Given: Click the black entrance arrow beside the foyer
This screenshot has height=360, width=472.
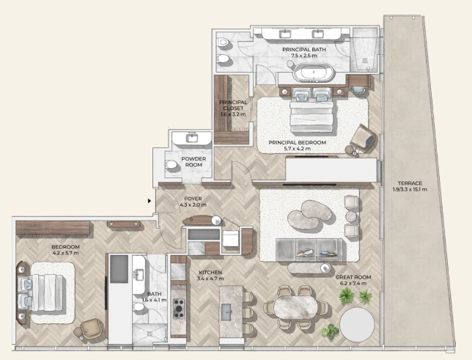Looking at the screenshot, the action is (x=150, y=201).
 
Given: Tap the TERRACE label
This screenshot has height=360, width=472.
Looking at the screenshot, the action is (x=410, y=183).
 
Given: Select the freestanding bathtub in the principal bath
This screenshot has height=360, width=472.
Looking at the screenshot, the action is (x=314, y=73).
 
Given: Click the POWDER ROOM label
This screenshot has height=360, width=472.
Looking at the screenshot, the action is (x=193, y=162).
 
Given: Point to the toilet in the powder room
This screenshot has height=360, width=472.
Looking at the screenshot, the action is (x=171, y=165).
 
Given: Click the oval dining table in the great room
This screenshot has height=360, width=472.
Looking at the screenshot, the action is (x=295, y=307).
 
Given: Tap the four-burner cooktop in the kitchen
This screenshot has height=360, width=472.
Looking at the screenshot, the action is (x=179, y=309).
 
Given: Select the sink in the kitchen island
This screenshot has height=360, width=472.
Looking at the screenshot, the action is (x=226, y=312).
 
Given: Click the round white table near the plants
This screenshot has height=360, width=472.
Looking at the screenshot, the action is (x=357, y=324).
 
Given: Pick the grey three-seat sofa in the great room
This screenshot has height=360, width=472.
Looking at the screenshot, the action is (x=309, y=250).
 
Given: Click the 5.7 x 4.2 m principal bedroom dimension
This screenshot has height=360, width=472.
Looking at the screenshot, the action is (x=297, y=149).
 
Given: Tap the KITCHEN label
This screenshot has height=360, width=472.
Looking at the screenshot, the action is (x=210, y=273).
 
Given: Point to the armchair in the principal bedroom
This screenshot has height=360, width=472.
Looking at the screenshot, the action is (x=363, y=139).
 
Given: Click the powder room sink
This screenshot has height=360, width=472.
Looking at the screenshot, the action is (x=192, y=139).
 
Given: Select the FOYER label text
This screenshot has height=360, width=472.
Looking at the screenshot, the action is (x=193, y=199).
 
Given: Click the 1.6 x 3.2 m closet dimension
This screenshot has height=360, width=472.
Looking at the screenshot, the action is (x=233, y=114).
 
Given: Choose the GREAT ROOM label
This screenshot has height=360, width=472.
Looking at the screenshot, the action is (x=353, y=277).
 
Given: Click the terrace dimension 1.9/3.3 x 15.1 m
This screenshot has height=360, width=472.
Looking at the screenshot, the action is (x=410, y=189).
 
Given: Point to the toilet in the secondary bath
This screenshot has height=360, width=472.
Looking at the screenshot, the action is (x=139, y=306).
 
